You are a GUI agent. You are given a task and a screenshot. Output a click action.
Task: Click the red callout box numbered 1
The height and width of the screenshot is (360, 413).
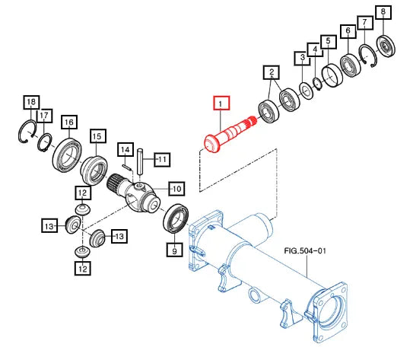coord(221,103)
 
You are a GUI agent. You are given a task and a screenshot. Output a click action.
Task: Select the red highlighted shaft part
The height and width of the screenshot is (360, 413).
coord(229,134)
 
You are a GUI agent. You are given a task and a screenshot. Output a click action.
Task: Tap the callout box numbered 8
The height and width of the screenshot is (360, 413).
coord(383,12)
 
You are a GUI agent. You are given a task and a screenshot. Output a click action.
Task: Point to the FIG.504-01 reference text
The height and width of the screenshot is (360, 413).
coord(305,250)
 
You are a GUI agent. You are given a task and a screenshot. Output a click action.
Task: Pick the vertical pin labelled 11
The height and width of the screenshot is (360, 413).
coord(140,162)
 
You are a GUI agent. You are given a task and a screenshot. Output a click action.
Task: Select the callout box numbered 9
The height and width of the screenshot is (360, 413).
coord(174,250)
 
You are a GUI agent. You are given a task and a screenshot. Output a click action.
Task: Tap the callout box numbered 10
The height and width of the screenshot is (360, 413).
coord(176,189)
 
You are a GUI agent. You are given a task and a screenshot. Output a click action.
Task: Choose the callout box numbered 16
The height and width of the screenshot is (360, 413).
coord(69,123)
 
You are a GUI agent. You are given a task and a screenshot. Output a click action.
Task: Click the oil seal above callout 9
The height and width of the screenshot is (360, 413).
coord(176,218)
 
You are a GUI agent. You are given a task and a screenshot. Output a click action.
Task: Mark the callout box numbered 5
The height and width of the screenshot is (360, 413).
coord(329,42)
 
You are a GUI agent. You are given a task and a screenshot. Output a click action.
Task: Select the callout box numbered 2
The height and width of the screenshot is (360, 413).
coord(272,72)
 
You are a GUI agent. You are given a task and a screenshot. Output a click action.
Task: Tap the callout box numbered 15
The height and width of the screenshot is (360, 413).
coord(98,136)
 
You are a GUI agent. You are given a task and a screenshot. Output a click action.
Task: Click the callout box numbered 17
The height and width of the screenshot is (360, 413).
coord(44,116)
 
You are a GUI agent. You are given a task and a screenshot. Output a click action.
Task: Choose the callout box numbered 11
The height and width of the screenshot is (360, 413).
coord(162,159)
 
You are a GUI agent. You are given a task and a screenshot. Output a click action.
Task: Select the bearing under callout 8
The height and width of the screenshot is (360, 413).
coord(386,46)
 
